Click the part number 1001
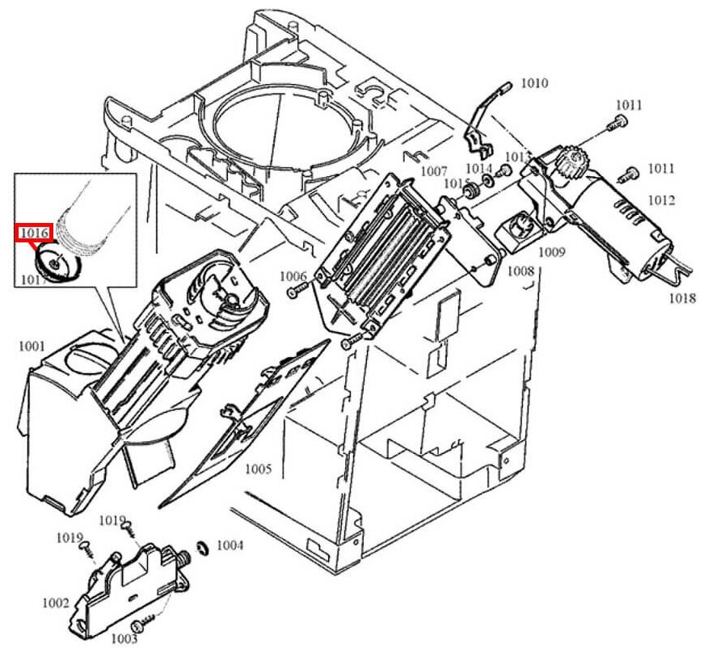[x=32, y=347]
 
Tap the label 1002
[x=55, y=603]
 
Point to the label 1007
[x=434, y=171]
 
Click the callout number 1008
[x=520, y=272]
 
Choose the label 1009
[x=552, y=252]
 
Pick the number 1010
[x=534, y=82]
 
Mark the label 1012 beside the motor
[x=660, y=200]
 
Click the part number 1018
[x=682, y=298]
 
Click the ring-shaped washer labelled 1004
[x=204, y=549]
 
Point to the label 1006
[x=293, y=275]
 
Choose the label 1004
[x=230, y=546]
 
